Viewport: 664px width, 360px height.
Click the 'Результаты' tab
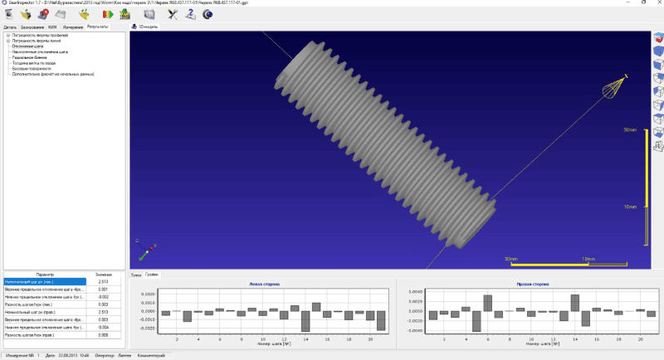pyautogui.click(x=98, y=27)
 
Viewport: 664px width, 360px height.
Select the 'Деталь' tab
pyautogui.click(x=10, y=27)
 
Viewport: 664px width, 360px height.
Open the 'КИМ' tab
pyautogui.click(x=51, y=27)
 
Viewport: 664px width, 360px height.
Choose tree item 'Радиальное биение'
pyautogui.click(x=28, y=56)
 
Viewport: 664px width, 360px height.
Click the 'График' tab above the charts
pyautogui.click(x=152, y=274)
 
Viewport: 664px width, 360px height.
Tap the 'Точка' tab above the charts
pyautogui.click(x=136, y=274)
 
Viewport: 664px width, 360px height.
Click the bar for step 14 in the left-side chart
pyautogui.click(x=305, y=321)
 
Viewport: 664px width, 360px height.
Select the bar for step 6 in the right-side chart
pyautogui.click(x=488, y=304)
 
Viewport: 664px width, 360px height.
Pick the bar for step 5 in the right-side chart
pyautogui.click(x=477, y=320)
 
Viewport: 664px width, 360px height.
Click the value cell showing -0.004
pyautogui.click(x=103, y=327)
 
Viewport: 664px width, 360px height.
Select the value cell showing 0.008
pyautogui.click(x=103, y=334)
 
